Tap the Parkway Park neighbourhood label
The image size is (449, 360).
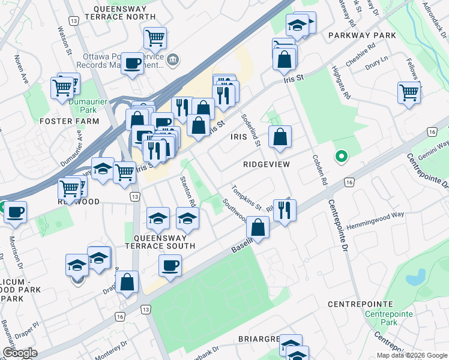coord(362,35)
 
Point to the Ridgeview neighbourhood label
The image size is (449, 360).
coord(267,164)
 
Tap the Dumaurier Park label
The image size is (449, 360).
coord(83,106)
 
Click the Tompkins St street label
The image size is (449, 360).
coord(247,197)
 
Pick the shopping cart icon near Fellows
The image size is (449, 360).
coord(409,93)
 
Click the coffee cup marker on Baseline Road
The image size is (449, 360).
coord(170,265)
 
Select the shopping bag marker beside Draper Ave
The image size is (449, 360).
coord(127,282)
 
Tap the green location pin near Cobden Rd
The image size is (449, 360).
coord(341,157)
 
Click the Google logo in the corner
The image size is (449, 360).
coord(19,353)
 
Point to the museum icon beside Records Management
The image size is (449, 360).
coord(173,59)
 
